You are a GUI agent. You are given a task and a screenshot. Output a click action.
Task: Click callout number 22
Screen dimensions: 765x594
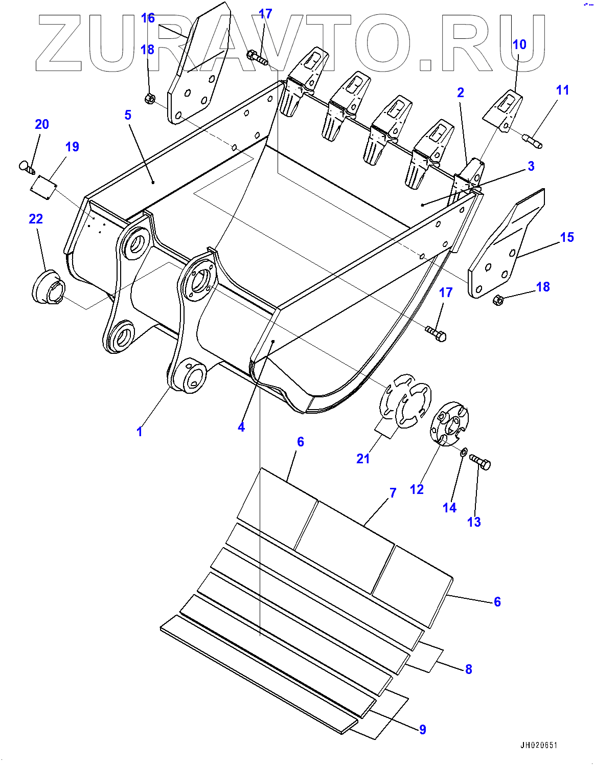[x=36, y=219]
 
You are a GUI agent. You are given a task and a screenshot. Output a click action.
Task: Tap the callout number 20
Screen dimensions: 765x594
[x=42, y=124]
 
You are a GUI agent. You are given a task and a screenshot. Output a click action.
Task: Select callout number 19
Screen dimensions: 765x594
[x=72, y=147]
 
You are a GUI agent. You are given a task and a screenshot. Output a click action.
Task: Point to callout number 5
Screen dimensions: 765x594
[x=128, y=115]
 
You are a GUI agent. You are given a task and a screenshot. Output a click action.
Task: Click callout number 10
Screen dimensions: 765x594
[x=519, y=44]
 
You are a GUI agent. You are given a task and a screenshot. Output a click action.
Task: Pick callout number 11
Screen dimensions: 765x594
[x=562, y=90]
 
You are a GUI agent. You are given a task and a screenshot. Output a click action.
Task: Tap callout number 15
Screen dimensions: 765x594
[x=567, y=237]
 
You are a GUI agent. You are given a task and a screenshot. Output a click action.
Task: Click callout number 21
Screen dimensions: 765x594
[x=363, y=459]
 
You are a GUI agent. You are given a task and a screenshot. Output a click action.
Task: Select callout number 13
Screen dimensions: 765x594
[x=474, y=522]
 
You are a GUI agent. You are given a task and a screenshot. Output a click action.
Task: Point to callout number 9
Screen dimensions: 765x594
[x=422, y=729]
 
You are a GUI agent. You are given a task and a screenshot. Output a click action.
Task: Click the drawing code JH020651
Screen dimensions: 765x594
[x=539, y=746]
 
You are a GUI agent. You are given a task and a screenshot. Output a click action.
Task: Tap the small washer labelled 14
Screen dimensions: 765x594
[x=464, y=452]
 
